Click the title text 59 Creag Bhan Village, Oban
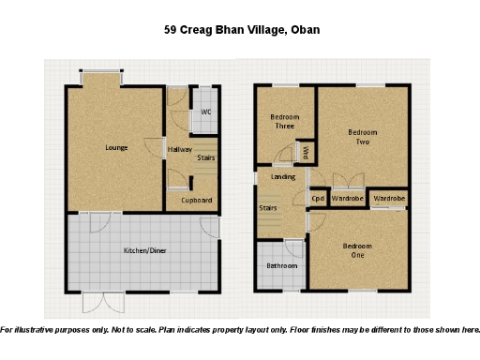pos(242,30)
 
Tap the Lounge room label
pos(116,148)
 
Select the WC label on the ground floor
pos(204,114)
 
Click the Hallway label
pos(179,150)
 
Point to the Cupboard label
pos(197,200)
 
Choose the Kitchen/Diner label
pos(145,250)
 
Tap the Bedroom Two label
pos(362,137)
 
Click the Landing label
pos(282,176)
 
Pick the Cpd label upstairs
pos(318,199)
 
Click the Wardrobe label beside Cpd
pos(347,199)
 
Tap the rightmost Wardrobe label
pos(388,199)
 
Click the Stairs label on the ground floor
pos(206,158)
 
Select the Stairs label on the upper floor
pos(267,208)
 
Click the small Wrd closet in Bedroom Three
pos(305,150)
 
